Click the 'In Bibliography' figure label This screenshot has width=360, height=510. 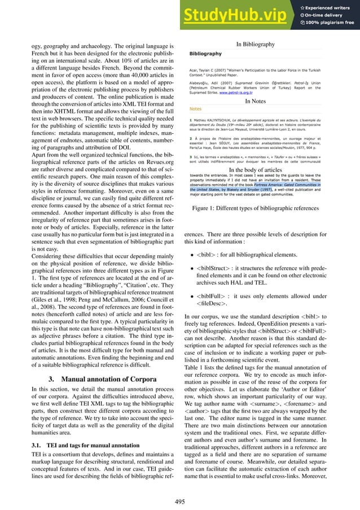click(x=254, y=44)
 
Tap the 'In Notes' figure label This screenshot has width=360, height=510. click(x=255, y=101)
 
